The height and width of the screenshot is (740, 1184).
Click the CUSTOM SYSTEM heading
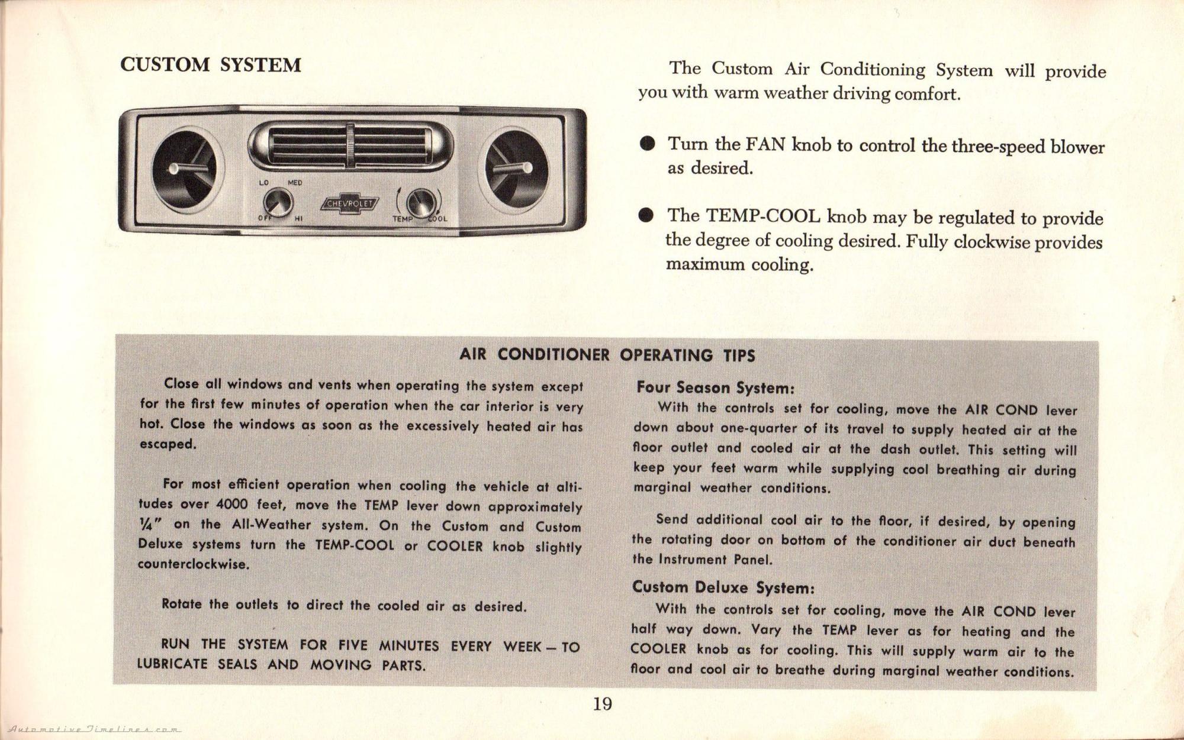211,64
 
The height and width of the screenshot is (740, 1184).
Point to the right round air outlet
516,171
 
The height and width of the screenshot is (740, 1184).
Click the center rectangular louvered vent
350,146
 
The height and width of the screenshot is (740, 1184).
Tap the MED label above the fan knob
295,183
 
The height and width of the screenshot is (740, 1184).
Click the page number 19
602,704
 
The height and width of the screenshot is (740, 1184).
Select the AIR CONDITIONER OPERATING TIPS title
607,355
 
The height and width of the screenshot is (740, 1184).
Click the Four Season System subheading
715,388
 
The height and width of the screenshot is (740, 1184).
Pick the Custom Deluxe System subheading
723,587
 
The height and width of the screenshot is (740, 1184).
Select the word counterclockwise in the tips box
193,564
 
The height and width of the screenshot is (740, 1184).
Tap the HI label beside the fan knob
298,219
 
